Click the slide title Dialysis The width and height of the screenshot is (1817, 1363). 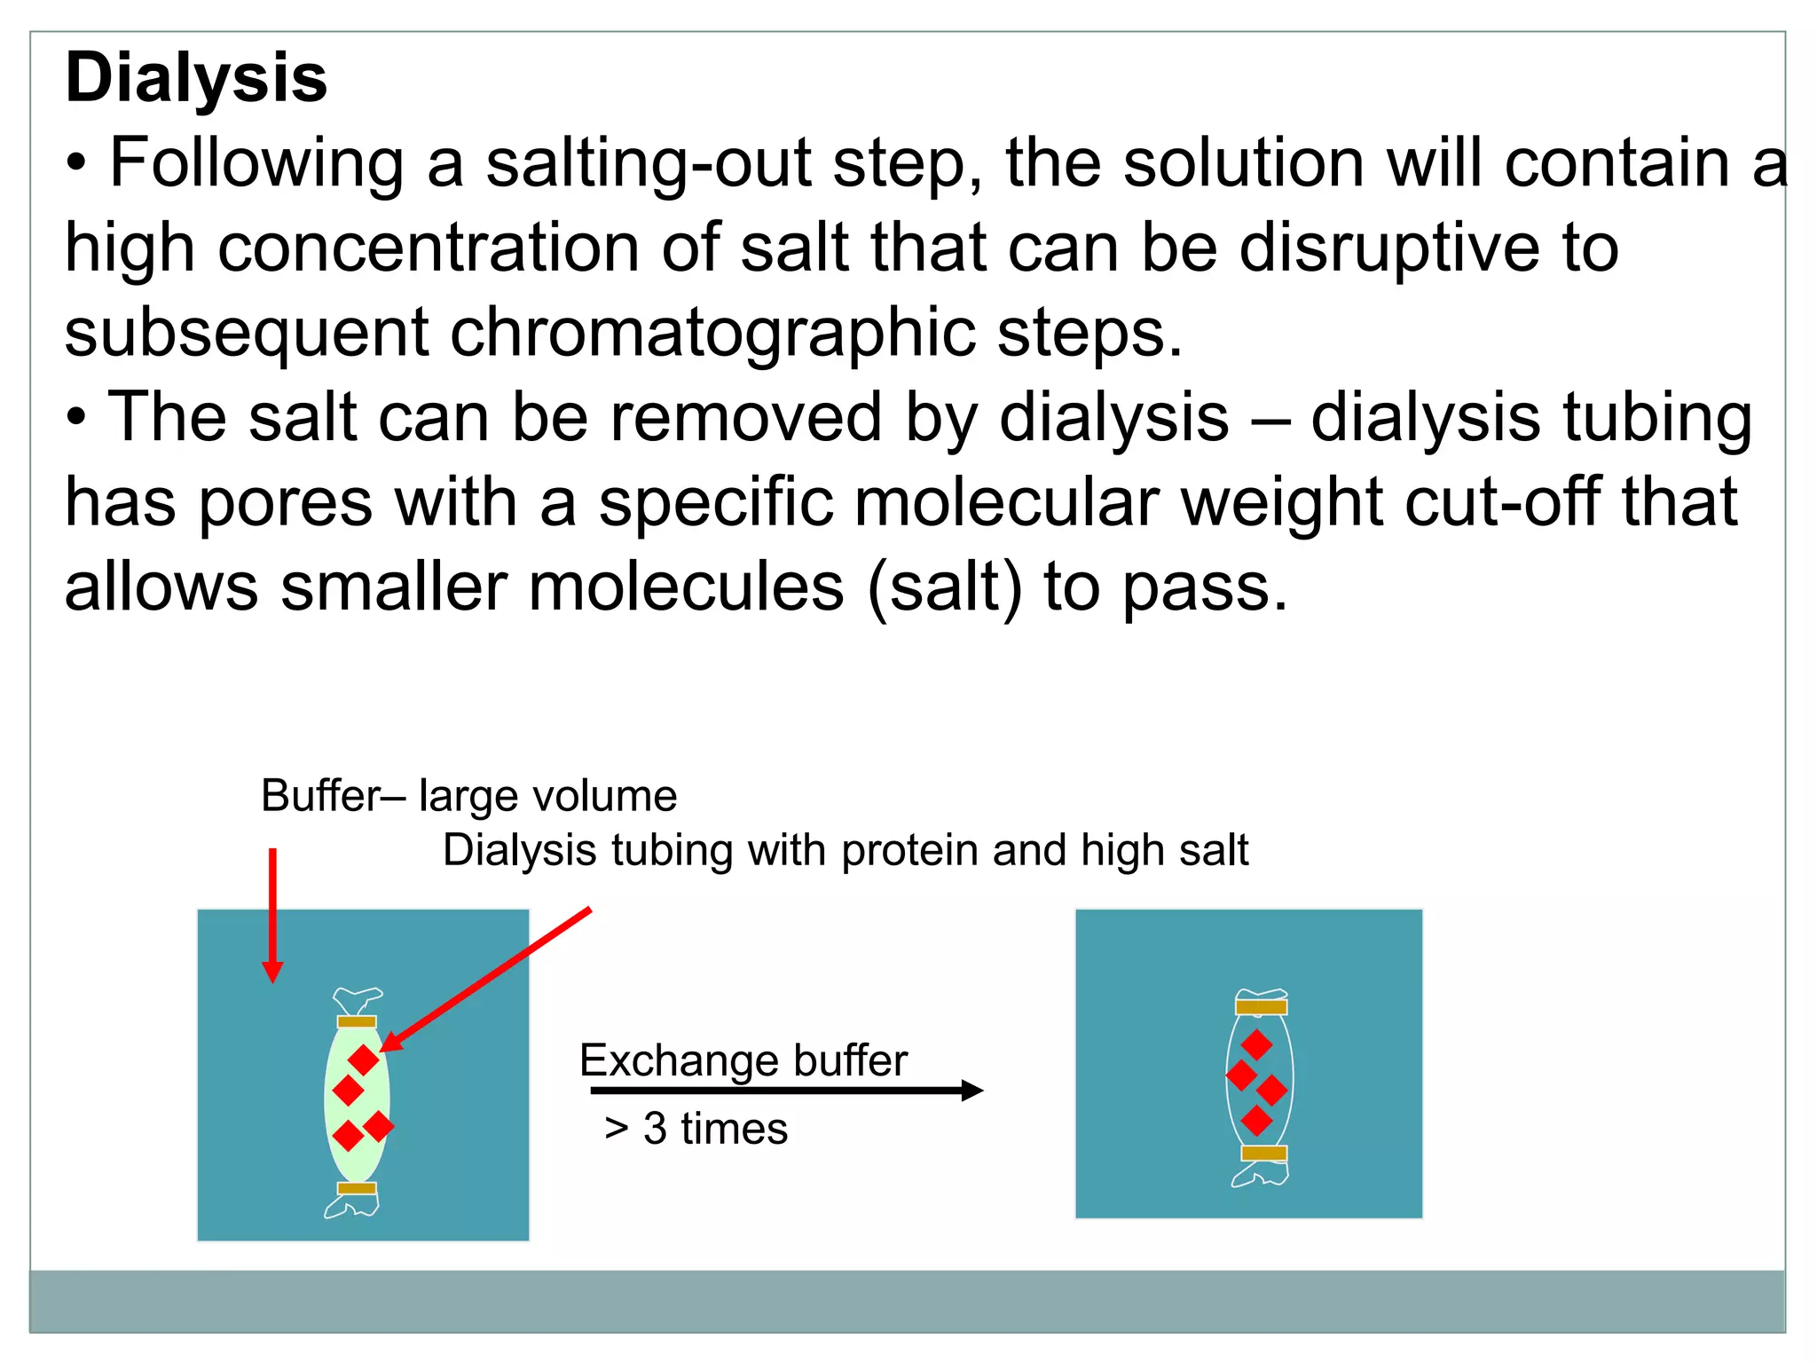click(x=196, y=78)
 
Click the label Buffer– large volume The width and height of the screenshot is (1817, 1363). click(x=468, y=796)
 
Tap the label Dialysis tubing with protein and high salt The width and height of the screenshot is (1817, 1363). click(x=845, y=850)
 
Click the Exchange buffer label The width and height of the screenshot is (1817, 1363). click(x=743, y=1060)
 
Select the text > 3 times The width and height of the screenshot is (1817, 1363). click(x=696, y=1129)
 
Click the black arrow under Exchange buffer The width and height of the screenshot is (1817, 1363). click(x=786, y=1091)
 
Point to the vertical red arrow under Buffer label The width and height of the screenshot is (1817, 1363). click(x=273, y=914)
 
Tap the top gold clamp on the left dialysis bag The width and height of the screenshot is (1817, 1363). click(x=357, y=1021)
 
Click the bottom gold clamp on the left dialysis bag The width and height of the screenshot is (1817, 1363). click(x=357, y=1188)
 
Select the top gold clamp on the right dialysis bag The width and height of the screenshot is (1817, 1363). click(x=1261, y=1007)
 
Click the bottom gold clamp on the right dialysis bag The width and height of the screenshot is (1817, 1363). click(x=1263, y=1154)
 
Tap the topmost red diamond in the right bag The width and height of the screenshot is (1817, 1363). click(x=1256, y=1044)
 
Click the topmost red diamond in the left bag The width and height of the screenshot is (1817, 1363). click(x=363, y=1060)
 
